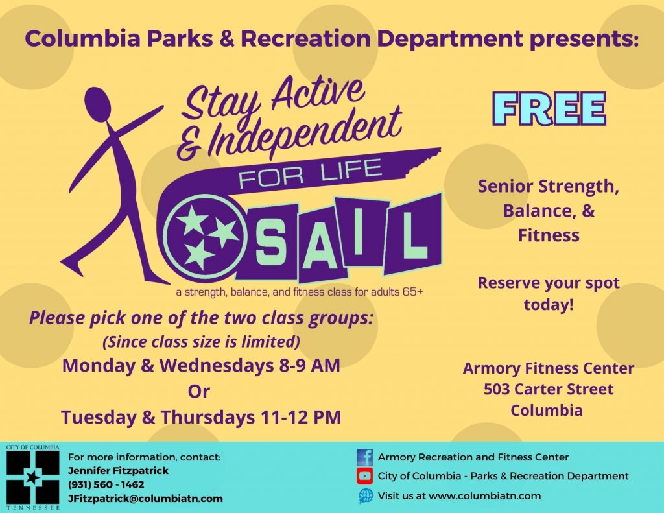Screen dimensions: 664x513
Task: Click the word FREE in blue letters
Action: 549,109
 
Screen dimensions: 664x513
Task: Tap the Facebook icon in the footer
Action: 364,457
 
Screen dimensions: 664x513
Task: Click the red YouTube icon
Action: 364,476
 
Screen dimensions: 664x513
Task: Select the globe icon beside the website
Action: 366,495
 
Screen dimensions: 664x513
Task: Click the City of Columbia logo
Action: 32,477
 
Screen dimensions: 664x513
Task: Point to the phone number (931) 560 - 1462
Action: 106,484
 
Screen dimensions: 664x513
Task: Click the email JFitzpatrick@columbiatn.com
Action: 145,499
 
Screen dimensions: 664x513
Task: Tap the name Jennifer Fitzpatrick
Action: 118,471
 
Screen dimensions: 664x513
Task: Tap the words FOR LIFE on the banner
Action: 311,174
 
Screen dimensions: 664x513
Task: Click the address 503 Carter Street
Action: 549,389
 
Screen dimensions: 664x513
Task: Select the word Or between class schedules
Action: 198,392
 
